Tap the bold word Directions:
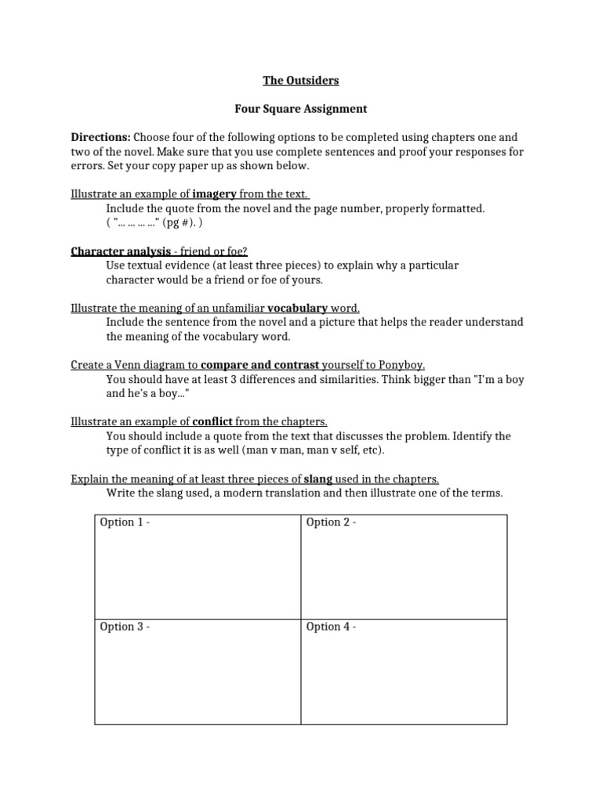(100, 137)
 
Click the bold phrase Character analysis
(121, 251)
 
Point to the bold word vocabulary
(297, 308)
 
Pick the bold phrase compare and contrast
(260, 365)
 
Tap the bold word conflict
(212, 421)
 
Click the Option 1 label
(124, 522)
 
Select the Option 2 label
(331, 522)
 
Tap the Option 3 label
(124, 627)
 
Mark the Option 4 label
(331, 627)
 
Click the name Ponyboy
(401, 365)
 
